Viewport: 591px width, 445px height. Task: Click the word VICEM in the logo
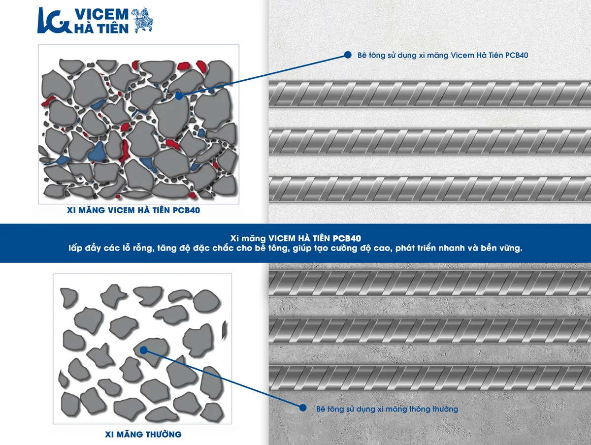click(101, 14)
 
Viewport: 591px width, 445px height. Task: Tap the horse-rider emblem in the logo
click(142, 20)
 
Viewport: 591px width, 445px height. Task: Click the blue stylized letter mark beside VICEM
click(54, 21)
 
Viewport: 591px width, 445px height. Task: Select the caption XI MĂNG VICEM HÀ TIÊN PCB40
click(133, 210)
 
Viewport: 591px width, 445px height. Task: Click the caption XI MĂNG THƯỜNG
click(143, 434)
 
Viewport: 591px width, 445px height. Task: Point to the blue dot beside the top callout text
click(348, 55)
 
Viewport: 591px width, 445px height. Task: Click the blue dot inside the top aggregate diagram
click(179, 96)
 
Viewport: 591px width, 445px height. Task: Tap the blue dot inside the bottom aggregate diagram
click(143, 350)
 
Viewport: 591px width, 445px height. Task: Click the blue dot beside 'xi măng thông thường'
click(302, 408)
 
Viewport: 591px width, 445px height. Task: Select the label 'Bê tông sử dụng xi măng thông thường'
click(387, 409)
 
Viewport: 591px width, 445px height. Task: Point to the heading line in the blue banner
click(295, 238)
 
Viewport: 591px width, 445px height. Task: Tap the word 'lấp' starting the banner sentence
click(75, 248)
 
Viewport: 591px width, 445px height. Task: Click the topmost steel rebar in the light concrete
click(430, 94)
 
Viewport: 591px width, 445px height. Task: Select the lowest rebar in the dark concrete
click(430, 378)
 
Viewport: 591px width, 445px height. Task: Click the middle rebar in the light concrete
click(430, 141)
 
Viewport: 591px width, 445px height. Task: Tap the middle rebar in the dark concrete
click(430, 331)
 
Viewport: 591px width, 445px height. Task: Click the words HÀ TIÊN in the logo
click(101, 28)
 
